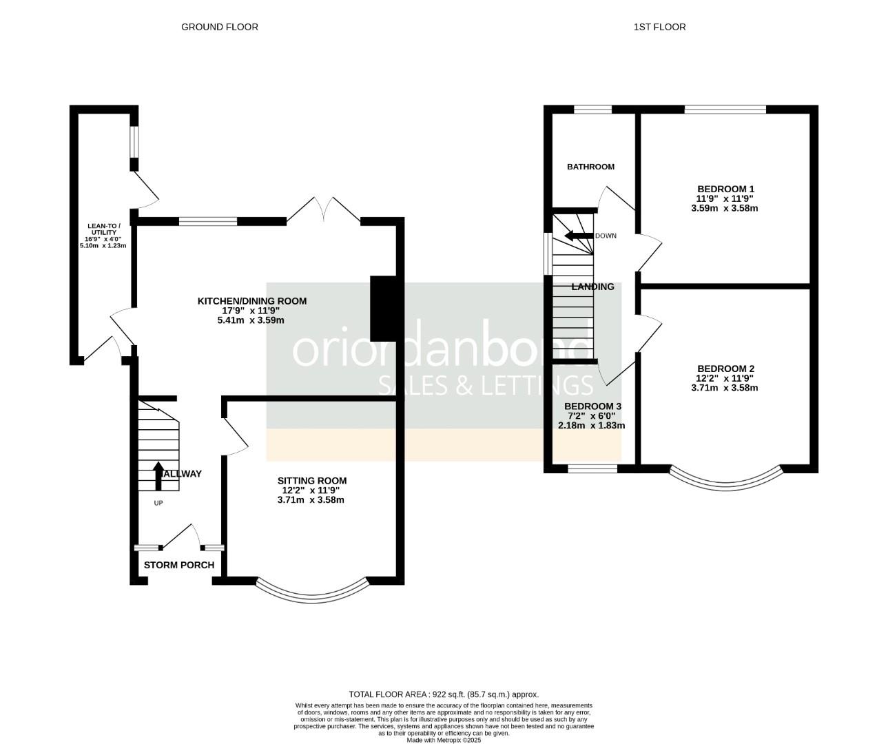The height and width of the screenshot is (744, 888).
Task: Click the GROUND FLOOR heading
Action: (x=219, y=27)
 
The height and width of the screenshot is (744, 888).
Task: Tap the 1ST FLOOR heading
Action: (x=659, y=27)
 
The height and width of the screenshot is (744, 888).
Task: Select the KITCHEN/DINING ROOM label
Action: (x=251, y=301)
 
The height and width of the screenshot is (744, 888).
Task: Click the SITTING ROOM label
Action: (x=311, y=481)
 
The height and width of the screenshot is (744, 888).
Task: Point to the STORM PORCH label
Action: (x=179, y=565)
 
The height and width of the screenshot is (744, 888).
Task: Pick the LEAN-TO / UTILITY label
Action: (x=103, y=229)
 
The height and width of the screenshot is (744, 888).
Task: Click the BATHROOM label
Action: (x=590, y=167)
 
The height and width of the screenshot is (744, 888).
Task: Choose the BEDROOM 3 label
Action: (x=592, y=406)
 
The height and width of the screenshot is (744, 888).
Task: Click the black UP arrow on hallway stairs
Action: (x=158, y=475)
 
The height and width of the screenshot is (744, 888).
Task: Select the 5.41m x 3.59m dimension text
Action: (x=251, y=320)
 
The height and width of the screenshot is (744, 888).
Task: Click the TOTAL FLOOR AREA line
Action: (x=444, y=694)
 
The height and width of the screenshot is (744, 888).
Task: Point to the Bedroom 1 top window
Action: (x=725, y=109)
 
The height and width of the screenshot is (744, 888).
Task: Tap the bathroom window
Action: (x=592, y=109)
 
